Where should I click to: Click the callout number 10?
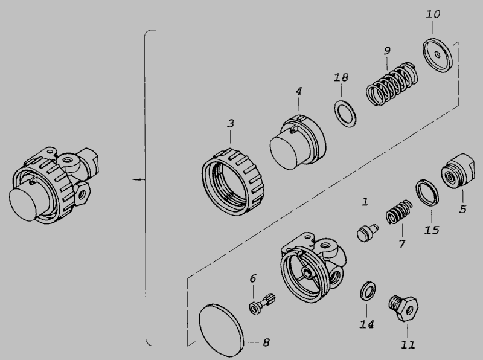click(x=433, y=14)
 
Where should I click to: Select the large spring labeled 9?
click(x=392, y=84)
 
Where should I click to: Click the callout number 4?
click(x=299, y=91)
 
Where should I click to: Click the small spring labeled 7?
click(x=399, y=211)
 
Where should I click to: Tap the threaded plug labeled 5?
click(x=458, y=171)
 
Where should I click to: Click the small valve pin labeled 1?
click(x=367, y=233)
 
